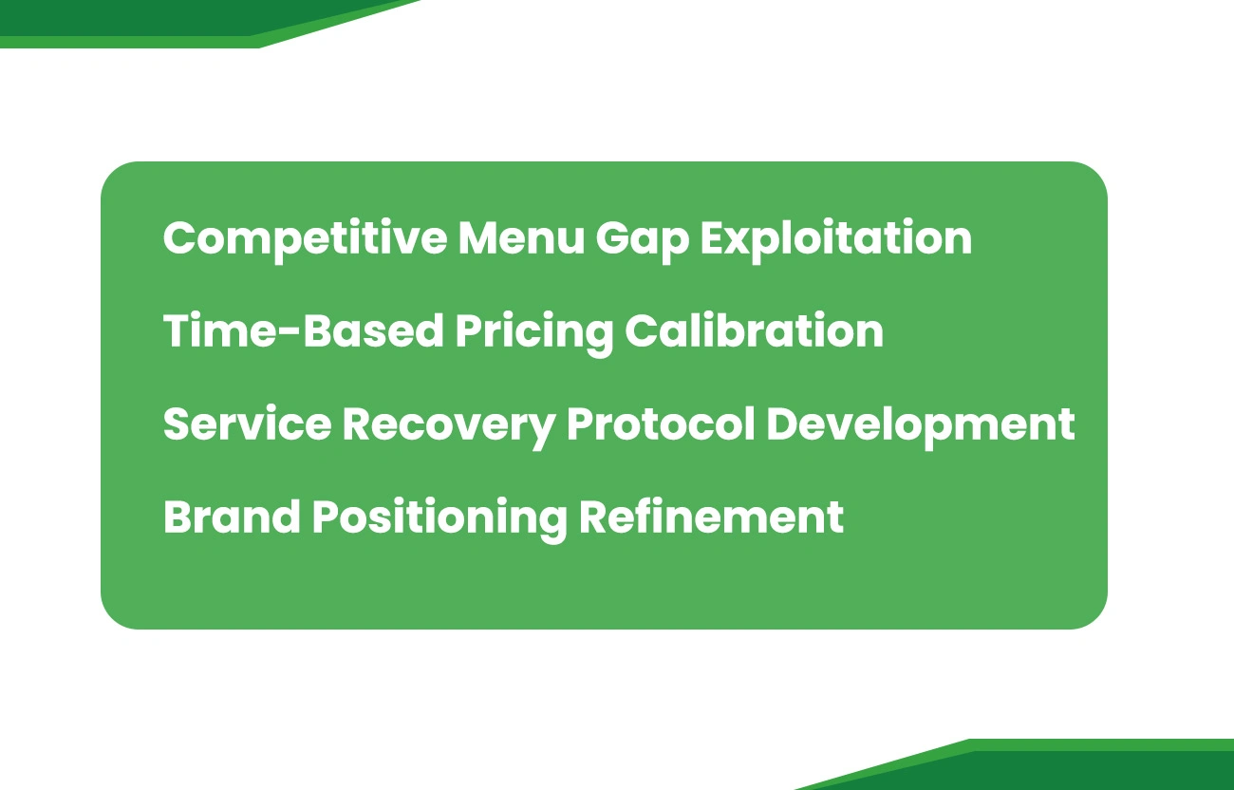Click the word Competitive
[305, 237]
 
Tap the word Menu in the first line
[520, 237]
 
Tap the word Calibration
[754, 330]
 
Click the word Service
[246, 423]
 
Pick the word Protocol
[660, 423]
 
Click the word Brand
[232, 517]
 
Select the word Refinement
[711, 517]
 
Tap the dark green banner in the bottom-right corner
[1092, 769]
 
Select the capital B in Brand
[178, 517]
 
